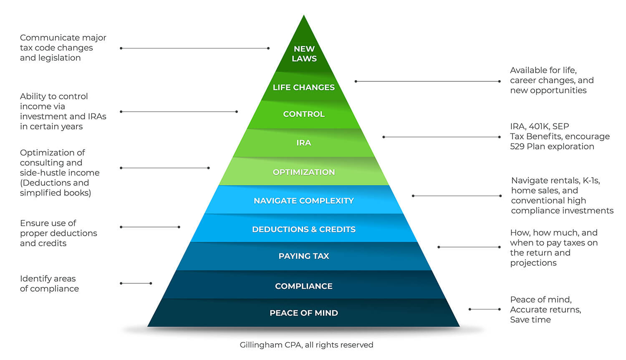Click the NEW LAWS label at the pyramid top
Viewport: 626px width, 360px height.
[x=304, y=54]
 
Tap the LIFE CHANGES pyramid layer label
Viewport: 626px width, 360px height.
[x=304, y=87]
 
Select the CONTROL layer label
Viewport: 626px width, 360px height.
[x=304, y=114]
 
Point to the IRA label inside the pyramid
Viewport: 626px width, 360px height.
[x=304, y=143]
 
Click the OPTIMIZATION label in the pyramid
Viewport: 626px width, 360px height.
[x=304, y=172]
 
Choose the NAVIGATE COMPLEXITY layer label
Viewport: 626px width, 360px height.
[x=304, y=201]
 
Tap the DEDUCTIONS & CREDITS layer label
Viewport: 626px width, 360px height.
[x=304, y=229]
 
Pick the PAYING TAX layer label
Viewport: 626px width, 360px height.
[x=304, y=256]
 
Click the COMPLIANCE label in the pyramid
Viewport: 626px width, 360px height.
[x=304, y=286]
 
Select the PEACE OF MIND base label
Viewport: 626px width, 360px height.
[x=304, y=313]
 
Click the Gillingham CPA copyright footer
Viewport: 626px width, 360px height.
[x=306, y=345]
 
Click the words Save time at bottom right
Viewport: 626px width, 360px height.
[x=530, y=320]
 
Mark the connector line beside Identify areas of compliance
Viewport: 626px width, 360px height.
[x=136, y=283]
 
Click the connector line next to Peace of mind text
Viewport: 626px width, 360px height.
[x=485, y=309]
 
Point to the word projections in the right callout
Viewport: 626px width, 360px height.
[x=533, y=263]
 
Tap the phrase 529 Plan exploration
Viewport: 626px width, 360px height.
[x=552, y=146]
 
